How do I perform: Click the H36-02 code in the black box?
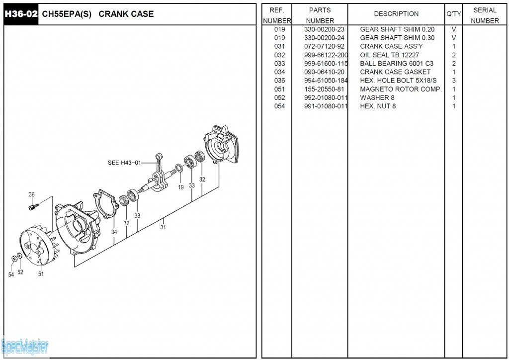pyautogui.click(x=21, y=14)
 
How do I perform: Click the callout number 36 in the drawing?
pyautogui.click(x=32, y=194)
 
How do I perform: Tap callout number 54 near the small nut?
pyautogui.click(x=11, y=274)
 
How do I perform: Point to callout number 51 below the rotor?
pyautogui.click(x=41, y=273)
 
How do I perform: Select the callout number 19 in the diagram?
pyautogui.click(x=181, y=187)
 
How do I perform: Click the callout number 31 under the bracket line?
pyautogui.click(x=163, y=227)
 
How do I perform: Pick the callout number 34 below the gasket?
pyautogui.click(x=114, y=232)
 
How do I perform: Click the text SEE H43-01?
pyautogui.click(x=124, y=163)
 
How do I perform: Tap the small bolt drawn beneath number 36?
pyautogui.click(x=33, y=205)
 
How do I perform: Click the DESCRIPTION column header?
pyautogui.click(x=396, y=14)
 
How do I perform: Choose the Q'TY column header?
pyautogui.click(x=453, y=14)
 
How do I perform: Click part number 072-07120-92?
pyautogui.click(x=324, y=46)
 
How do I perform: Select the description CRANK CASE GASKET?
pyautogui.click(x=395, y=72)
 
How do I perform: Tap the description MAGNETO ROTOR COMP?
pyautogui.click(x=401, y=89)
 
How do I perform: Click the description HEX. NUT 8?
pyautogui.click(x=378, y=106)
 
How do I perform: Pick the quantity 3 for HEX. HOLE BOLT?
pyautogui.click(x=454, y=81)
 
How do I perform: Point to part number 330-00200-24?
pyautogui.click(x=324, y=38)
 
